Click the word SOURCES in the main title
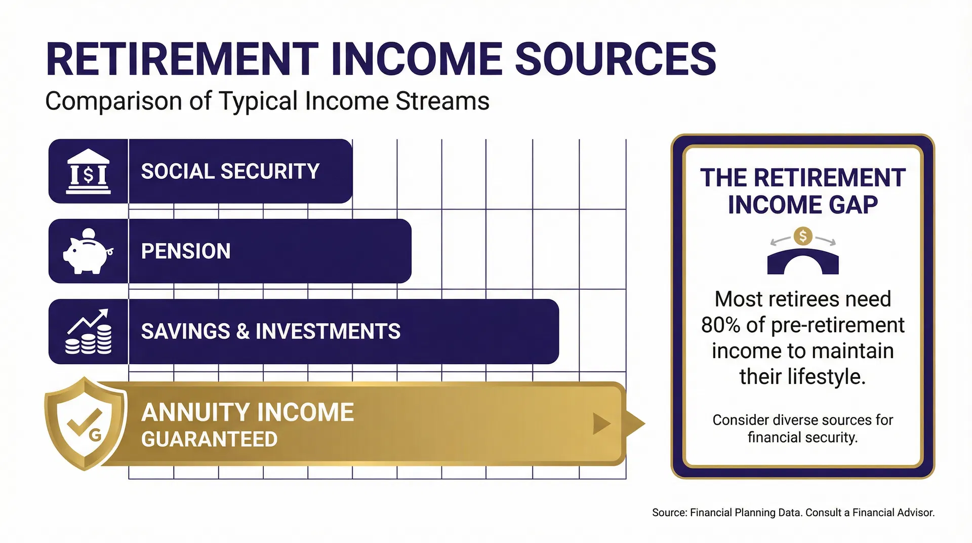click(615, 59)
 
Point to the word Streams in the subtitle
click(442, 101)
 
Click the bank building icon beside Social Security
click(88, 172)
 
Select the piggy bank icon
click(88, 252)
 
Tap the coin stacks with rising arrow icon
click(89, 332)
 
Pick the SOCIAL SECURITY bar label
click(230, 172)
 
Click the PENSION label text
click(185, 251)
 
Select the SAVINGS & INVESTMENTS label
click(270, 331)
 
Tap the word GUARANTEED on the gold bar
click(209, 439)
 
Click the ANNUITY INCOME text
click(247, 412)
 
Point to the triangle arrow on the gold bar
click(601, 423)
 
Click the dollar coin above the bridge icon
click(802, 236)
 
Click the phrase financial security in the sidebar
click(802, 437)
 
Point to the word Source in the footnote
click(669, 513)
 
